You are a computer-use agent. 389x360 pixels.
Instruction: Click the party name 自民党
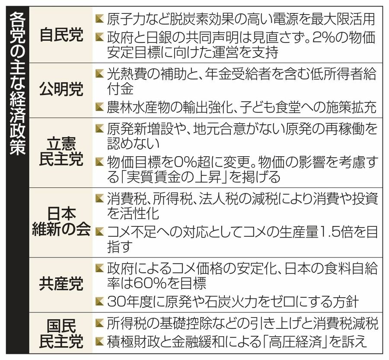(x=61, y=35)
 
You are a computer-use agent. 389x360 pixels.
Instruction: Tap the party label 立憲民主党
(x=61, y=151)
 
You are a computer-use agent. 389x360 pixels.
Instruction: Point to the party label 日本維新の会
(x=61, y=222)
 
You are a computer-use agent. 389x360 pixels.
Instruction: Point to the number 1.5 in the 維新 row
(x=322, y=232)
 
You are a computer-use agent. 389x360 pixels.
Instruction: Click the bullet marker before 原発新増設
(x=100, y=129)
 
